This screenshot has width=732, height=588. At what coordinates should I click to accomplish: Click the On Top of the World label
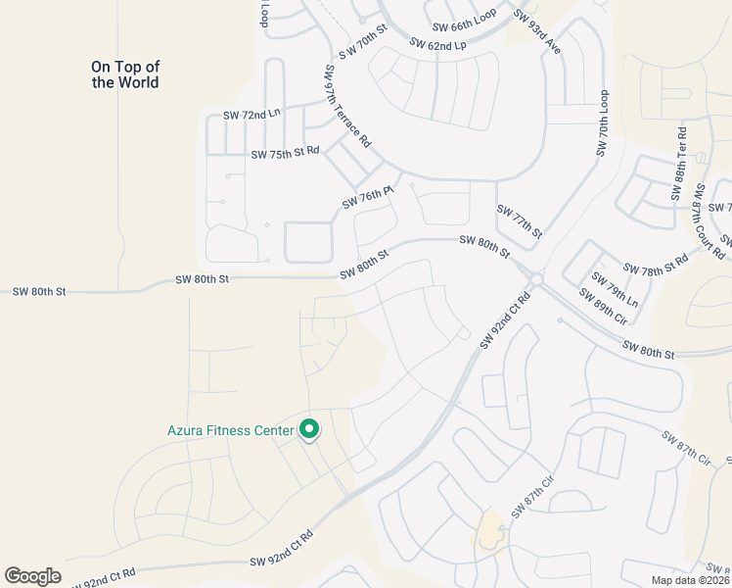coord(125,74)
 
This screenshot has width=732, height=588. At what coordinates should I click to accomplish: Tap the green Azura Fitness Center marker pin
coord(309,430)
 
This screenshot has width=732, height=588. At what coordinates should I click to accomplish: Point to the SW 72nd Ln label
coord(252,115)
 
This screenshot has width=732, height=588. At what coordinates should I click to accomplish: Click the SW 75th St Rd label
coord(285,154)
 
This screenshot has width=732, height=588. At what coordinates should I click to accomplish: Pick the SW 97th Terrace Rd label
coord(347,107)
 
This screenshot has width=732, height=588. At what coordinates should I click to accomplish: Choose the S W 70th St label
coord(364,40)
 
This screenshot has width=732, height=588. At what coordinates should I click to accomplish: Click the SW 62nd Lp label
coord(437,45)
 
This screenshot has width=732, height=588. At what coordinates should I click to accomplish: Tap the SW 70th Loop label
coord(604,124)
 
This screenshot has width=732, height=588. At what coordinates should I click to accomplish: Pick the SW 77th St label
coord(520,220)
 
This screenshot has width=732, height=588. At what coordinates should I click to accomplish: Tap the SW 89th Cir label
coord(602,306)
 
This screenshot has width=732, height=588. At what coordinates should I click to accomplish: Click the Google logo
coord(32,576)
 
